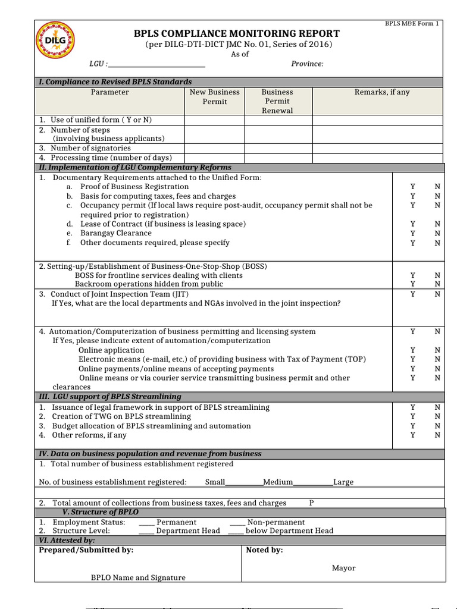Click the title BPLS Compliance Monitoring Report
click(x=237, y=33)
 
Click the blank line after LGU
click(x=156, y=64)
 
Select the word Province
click(x=307, y=64)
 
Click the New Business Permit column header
click(x=215, y=97)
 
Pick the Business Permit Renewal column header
click(x=278, y=101)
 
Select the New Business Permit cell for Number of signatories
click(x=215, y=148)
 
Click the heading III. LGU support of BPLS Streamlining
click(x=110, y=397)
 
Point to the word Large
click(x=343, y=482)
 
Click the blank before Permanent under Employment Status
click(x=146, y=523)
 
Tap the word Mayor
click(x=343, y=568)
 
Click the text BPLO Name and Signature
click(x=138, y=577)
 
